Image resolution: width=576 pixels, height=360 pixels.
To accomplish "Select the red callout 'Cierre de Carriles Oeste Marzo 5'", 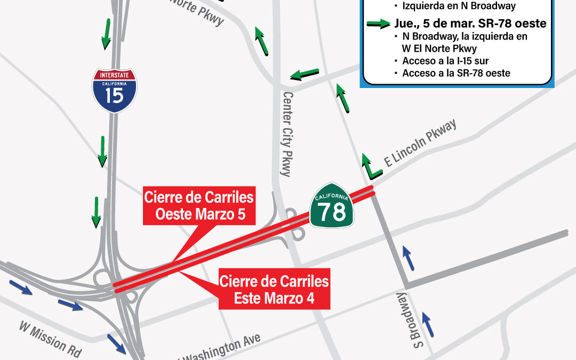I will (198, 205).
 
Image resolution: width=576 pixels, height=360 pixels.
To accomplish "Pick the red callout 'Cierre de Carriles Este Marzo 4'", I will (274, 290).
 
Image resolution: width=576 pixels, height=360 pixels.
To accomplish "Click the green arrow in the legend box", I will (378, 24).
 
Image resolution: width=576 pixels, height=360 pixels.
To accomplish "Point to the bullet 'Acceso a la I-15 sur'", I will (445, 61).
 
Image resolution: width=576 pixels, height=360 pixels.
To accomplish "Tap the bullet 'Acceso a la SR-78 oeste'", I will (456, 73).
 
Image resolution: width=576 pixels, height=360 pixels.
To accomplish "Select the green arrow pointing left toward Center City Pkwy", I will (305, 74).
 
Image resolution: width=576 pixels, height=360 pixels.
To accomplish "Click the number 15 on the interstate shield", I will (115, 95).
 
